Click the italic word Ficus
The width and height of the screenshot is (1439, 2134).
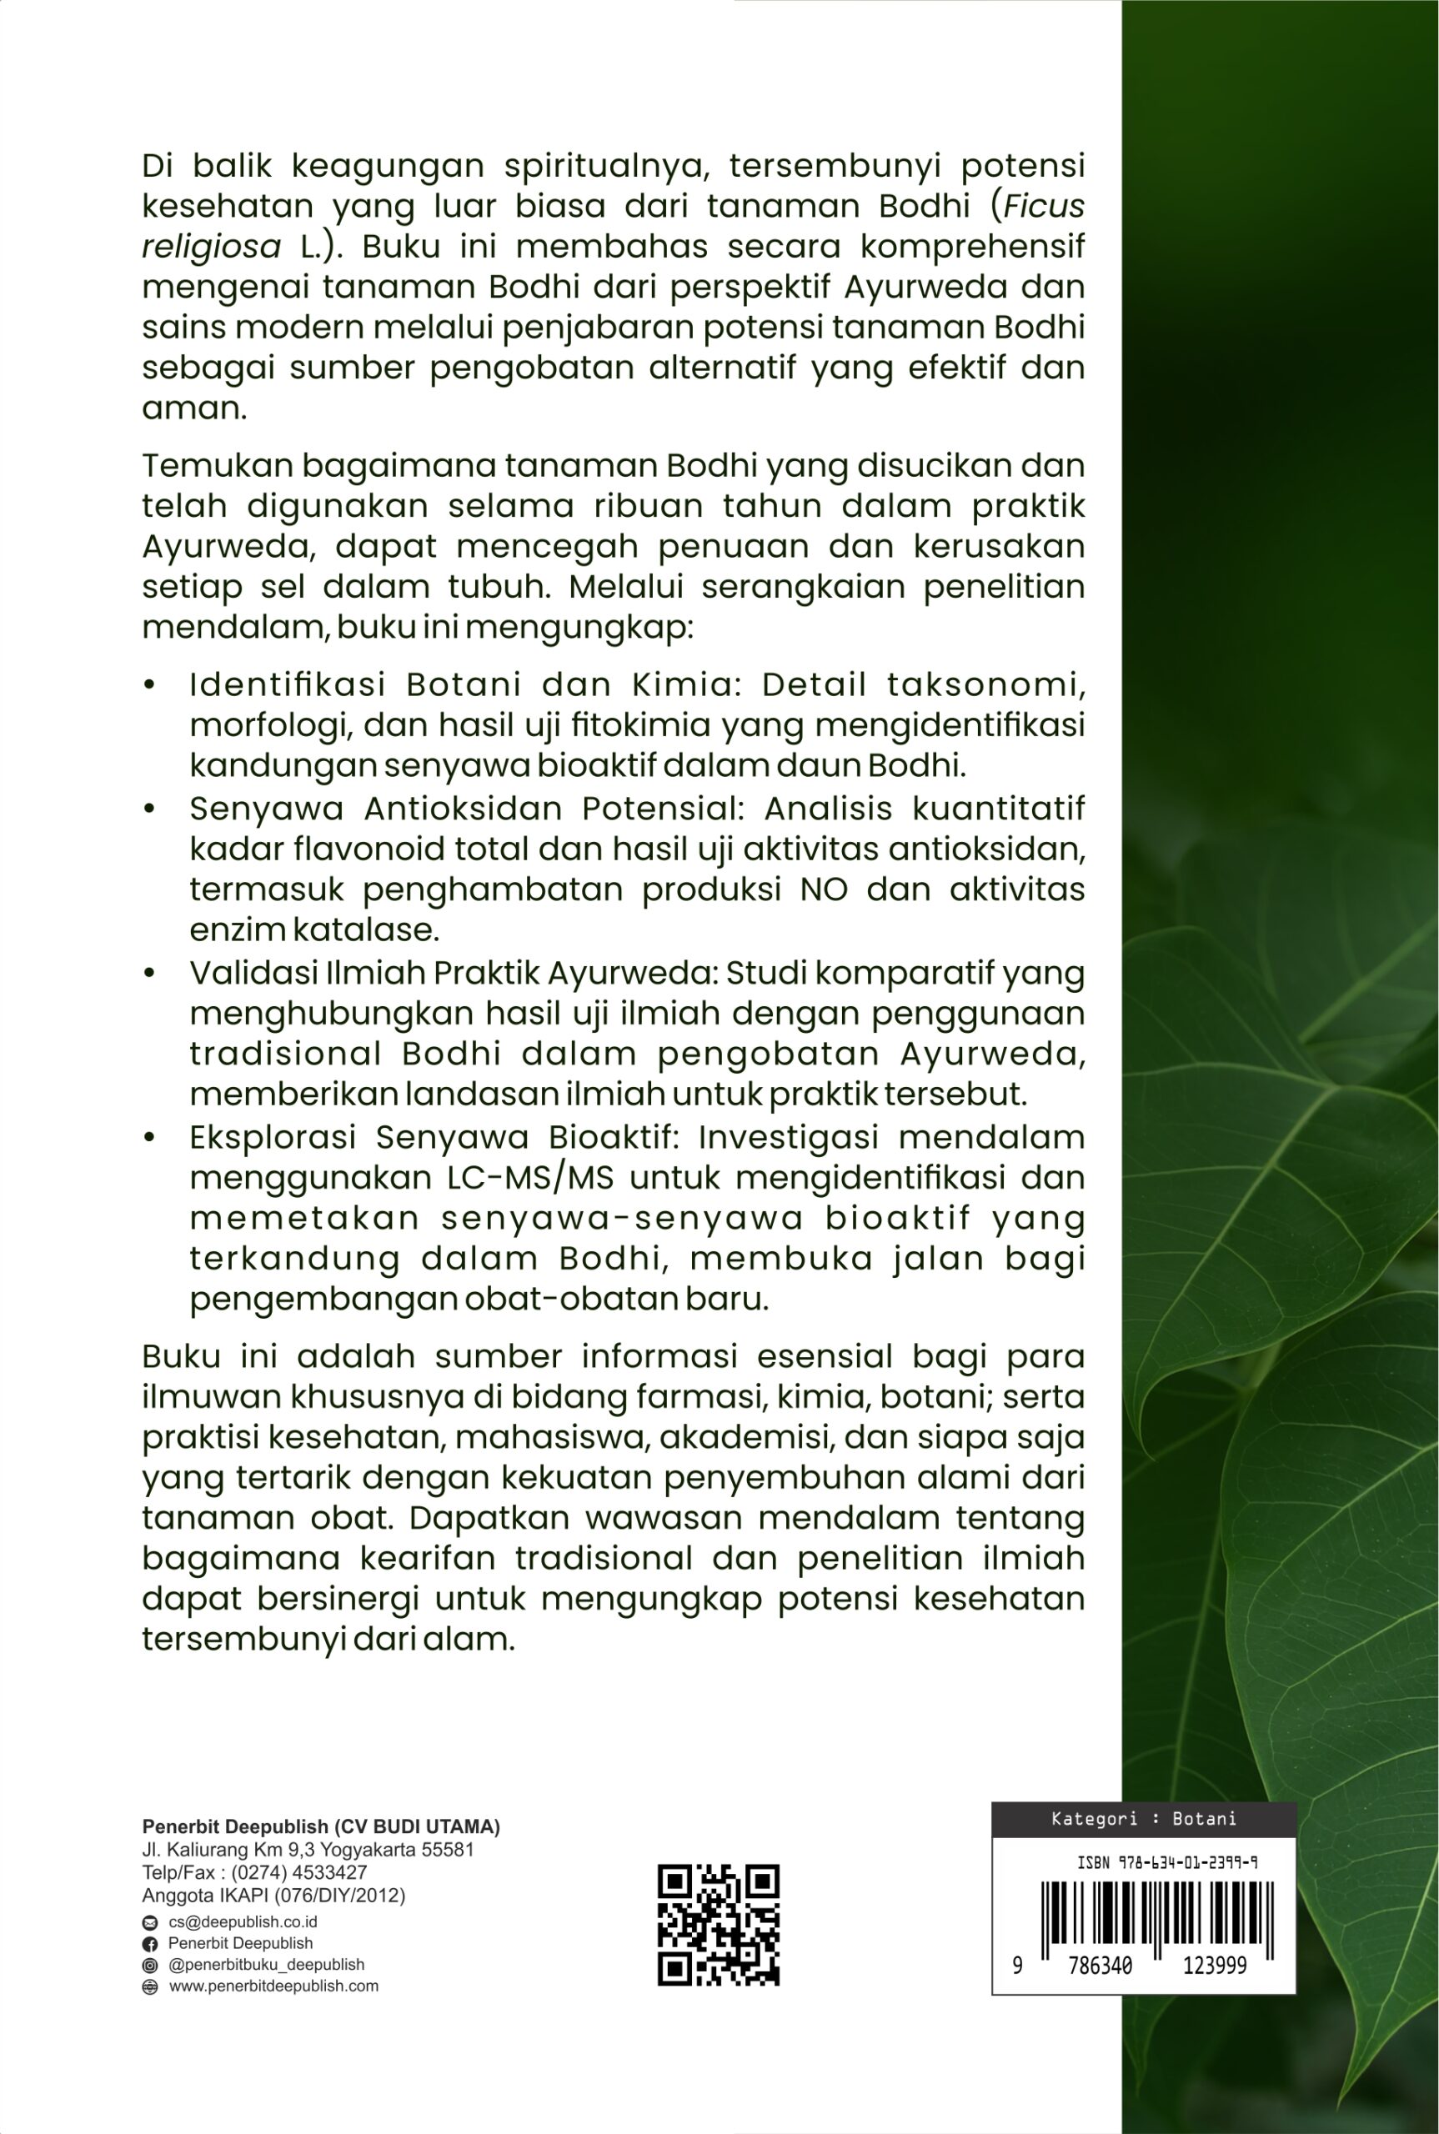pos(1045,206)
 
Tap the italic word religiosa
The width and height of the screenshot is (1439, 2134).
pos(211,247)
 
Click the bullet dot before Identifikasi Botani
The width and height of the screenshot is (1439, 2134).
pos(149,684)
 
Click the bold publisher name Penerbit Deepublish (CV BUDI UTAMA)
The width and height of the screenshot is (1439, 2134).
pos(321,1826)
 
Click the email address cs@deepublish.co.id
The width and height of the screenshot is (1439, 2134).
pos(243,1922)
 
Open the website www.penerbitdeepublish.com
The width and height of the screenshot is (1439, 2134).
pos(273,1986)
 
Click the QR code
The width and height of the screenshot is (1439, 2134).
pos(719,1925)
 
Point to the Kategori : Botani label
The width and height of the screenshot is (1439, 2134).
pos(1144,1818)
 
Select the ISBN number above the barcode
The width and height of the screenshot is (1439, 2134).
pos(1166,1863)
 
